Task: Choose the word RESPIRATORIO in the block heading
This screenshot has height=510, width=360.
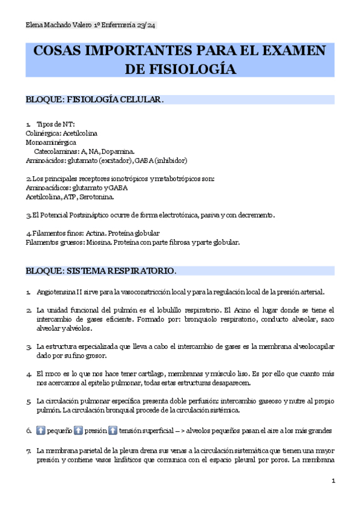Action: [139, 271]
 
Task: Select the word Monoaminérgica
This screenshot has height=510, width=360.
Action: [50, 143]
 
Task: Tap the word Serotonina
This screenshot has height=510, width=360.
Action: [94, 197]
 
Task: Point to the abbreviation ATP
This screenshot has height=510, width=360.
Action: [68, 197]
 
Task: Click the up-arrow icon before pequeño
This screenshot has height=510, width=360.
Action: [41, 431]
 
